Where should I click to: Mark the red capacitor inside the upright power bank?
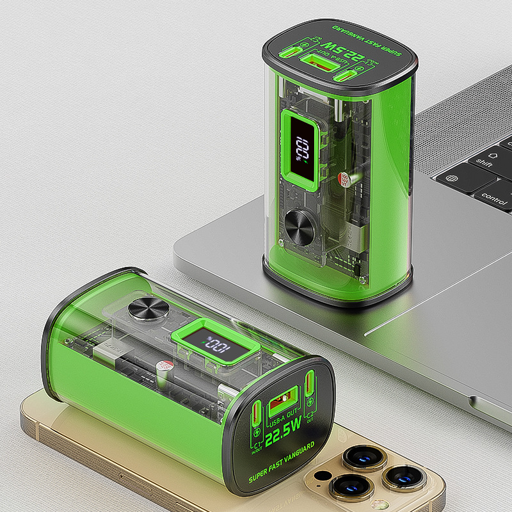click(x=345, y=179)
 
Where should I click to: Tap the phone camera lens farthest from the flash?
click(x=404, y=476)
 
